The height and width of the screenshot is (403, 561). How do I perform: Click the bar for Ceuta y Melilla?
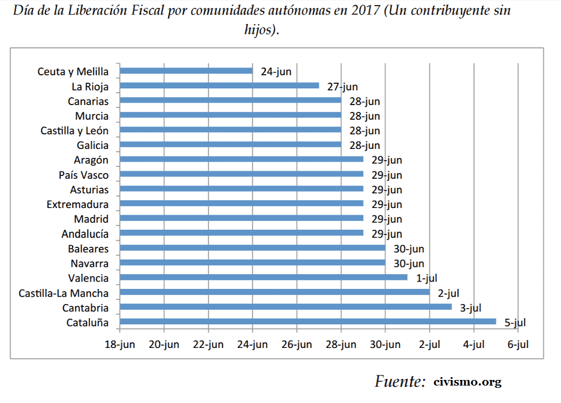pyautogui.click(x=186, y=71)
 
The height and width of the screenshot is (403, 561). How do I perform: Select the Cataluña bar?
pyautogui.click(x=307, y=322)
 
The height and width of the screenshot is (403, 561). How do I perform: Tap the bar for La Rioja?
pyautogui.click(x=219, y=85)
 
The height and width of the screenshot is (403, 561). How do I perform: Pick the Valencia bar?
pyautogui.click(x=263, y=277)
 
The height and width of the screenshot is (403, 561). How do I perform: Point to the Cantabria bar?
pyautogui.click(x=286, y=307)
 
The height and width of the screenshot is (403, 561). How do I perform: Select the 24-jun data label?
pyautogui.click(x=277, y=72)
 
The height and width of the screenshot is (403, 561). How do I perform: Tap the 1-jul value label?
pyautogui.click(x=427, y=278)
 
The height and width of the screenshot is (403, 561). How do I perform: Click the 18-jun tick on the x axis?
pyautogui.click(x=120, y=345)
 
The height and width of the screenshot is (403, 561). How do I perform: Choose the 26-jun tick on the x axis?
pyautogui.click(x=296, y=345)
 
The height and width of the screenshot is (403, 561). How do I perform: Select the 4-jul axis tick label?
pyautogui.click(x=473, y=345)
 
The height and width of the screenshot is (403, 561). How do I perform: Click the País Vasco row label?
pyautogui.click(x=84, y=175)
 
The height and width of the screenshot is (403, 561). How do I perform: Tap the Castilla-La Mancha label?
pyautogui.click(x=64, y=293)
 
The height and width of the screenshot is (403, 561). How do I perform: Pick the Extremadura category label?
pyautogui.click(x=78, y=204)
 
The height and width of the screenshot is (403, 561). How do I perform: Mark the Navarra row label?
pyautogui.click(x=89, y=263)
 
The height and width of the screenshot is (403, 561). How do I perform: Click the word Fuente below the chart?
pyautogui.click(x=400, y=382)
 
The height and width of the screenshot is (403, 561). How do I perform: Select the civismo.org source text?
pyautogui.click(x=467, y=382)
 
